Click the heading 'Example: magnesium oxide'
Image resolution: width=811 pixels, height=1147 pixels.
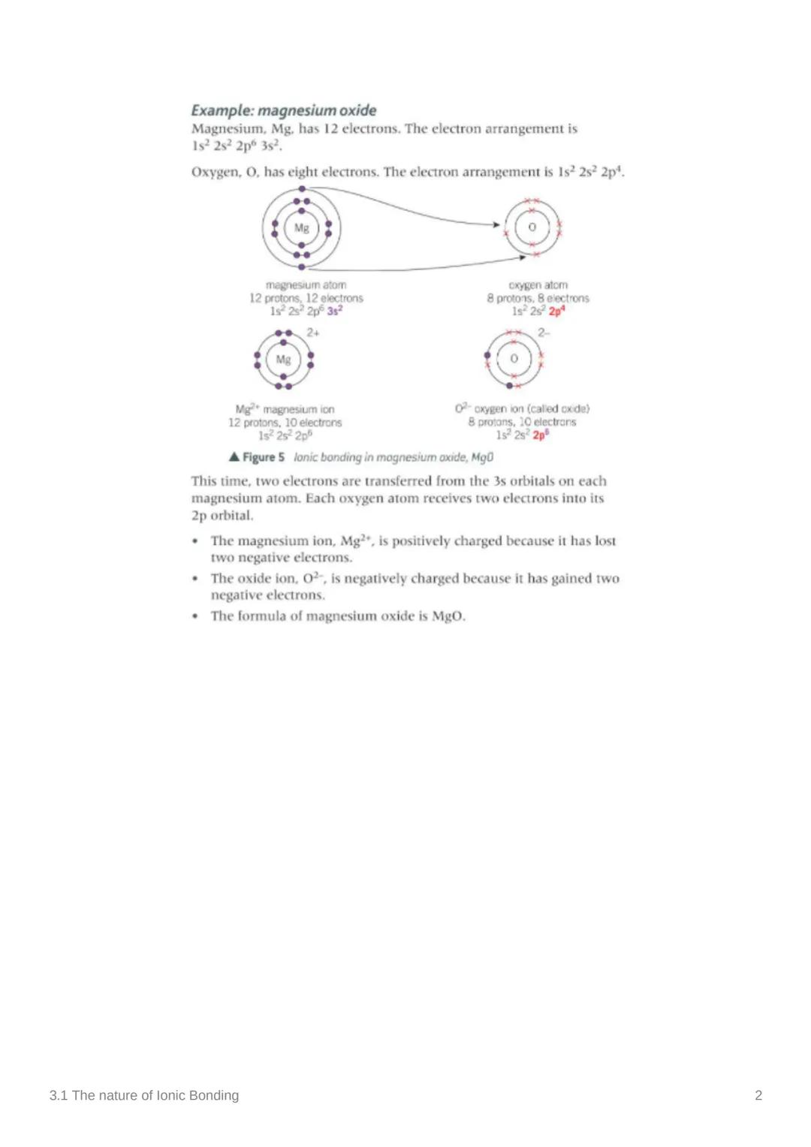[x=284, y=110]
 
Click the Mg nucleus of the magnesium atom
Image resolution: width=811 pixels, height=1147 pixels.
[x=302, y=228]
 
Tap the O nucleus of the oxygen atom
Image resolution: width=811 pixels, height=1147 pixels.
[x=532, y=227]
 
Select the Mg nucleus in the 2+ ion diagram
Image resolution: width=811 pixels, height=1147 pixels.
[x=283, y=360]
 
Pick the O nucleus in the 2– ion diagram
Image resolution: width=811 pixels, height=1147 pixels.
[x=514, y=359]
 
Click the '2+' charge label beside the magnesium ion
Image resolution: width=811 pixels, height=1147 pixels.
[x=313, y=333]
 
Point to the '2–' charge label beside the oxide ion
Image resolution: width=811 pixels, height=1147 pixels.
[x=544, y=333]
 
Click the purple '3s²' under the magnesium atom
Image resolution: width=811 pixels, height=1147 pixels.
[x=335, y=311]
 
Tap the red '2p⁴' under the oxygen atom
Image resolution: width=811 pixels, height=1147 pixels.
[x=556, y=311]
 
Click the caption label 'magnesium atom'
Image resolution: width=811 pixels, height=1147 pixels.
[x=306, y=285]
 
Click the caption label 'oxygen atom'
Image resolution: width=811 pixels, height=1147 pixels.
[x=538, y=285]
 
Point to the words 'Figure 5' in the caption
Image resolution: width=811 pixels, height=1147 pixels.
[x=264, y=457]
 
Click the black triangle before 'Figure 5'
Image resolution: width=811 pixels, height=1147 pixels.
[x=234, y=456]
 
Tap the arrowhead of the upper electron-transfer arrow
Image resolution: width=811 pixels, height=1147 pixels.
[x=496, y=224]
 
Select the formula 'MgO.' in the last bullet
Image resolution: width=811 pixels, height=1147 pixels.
[x=448, y=616]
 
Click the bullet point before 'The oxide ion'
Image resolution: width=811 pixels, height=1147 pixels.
[x=195, y=579]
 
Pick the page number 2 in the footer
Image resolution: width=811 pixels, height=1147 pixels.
[x=758, y=1095]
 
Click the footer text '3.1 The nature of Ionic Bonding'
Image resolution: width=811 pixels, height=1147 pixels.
[x=144, y=1095]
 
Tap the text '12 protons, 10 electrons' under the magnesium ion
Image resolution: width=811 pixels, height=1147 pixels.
[x=285, y=423]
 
